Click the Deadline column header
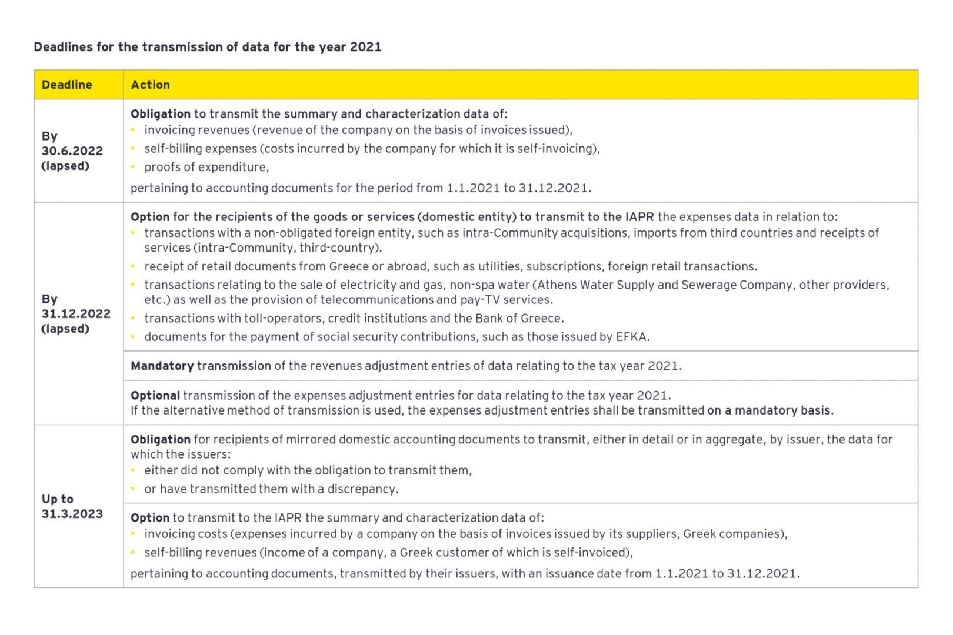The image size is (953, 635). [66, 85]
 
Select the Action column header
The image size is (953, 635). [150, 85]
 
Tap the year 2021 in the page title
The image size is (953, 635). [365, 47]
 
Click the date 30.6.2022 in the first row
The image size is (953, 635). [72, 151]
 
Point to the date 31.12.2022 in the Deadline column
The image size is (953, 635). [76, 314]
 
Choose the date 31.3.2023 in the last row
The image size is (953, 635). [72, 514]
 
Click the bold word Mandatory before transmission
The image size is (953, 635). [162, 366]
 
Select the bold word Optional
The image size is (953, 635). [155, 395]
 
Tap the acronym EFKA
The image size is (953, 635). [631, 337]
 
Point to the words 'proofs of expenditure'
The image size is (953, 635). [206, 167]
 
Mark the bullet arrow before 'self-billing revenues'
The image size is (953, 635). [134, 552]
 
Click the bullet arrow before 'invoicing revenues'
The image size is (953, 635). [134, 129]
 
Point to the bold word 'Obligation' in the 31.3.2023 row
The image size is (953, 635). [160, 439]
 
